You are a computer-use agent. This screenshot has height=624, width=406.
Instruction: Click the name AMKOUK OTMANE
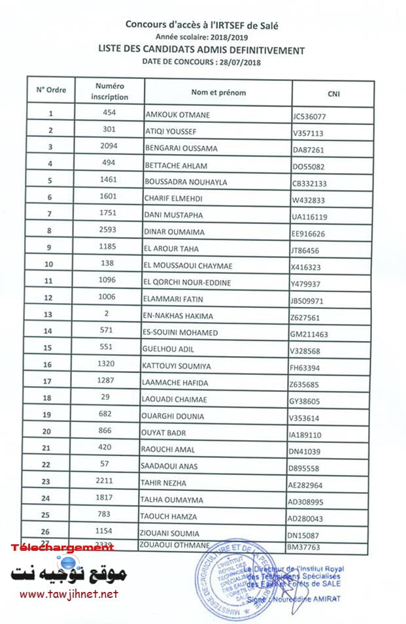[x=177, y=115]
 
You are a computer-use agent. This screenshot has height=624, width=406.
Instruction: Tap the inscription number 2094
[x=109, y=146]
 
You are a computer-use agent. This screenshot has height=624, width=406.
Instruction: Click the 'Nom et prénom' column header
[x=218, y=93]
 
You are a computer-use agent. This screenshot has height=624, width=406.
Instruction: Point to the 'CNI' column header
[x=333, y=94]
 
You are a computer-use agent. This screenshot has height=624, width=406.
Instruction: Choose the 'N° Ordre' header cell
[x=51, y=90]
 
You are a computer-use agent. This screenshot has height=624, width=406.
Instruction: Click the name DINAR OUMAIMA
[x=173, y=232]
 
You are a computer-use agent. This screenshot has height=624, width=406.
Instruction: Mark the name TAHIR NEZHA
[x=165, y=484]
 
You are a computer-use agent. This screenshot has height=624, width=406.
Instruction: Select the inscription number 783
[x=109, y=514]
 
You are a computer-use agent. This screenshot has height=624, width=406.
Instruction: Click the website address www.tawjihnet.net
[x=69, y=594]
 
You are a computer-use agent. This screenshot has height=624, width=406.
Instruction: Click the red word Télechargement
[x=61, y=547]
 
